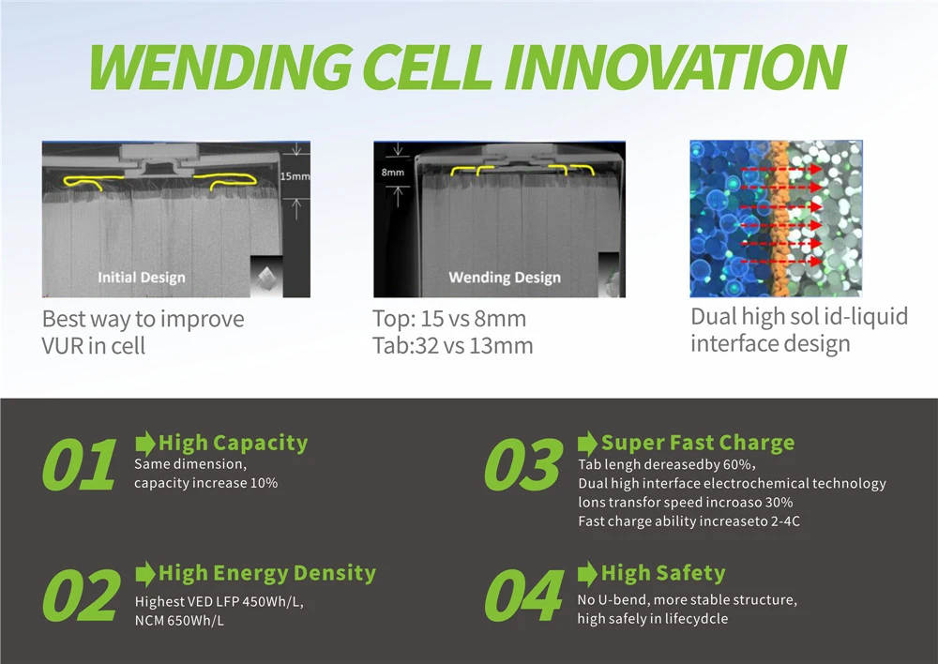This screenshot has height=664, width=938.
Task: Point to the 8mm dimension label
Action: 394,173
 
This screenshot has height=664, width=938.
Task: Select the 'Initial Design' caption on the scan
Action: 142,277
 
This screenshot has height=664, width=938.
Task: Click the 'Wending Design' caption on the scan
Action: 505,277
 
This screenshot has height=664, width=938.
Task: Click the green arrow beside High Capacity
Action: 145,443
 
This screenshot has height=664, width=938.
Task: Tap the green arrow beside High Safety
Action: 588,573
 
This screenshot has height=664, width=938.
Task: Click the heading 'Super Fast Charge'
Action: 698,443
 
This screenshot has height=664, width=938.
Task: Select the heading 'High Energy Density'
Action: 267,573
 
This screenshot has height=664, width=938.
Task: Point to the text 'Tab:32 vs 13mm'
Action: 452,345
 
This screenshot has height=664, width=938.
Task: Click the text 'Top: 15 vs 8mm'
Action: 449,319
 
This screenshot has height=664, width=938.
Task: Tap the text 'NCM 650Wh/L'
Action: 180,621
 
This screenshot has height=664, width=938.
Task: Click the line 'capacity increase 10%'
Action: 205,483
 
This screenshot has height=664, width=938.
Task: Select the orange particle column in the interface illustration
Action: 777,219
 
